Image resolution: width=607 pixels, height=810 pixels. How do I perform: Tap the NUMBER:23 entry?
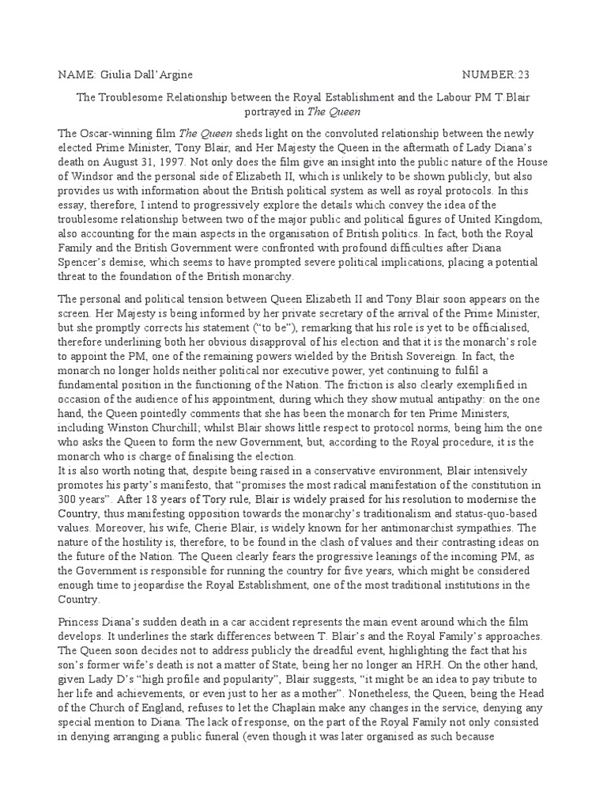tap(496, 74)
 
